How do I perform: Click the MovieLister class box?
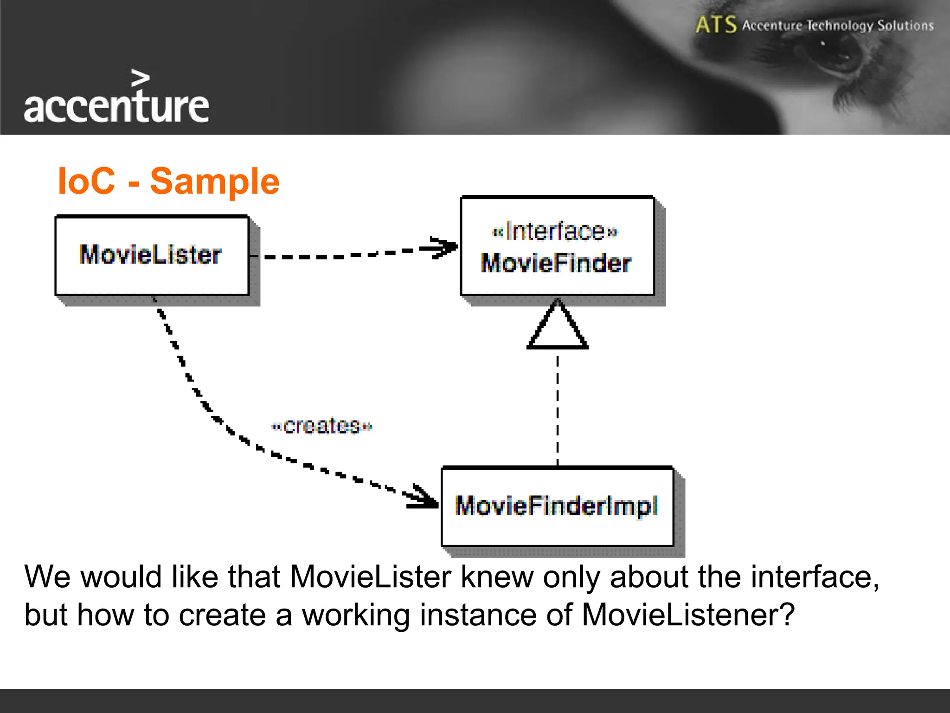coord(152,255)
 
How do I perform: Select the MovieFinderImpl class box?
coord(557,506)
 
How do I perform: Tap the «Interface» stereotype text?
coord(555,231)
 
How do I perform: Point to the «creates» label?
coord(321,426)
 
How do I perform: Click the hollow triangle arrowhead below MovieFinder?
coord(558,327)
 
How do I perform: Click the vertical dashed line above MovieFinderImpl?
coord(558,408)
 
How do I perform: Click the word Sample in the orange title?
coord(215,181)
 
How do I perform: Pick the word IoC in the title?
coord(86,181)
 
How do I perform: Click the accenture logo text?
coord(116,107)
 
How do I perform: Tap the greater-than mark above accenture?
coord(141,78)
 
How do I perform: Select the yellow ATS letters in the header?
coord(716,25)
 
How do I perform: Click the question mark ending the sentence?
coord(787,615)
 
